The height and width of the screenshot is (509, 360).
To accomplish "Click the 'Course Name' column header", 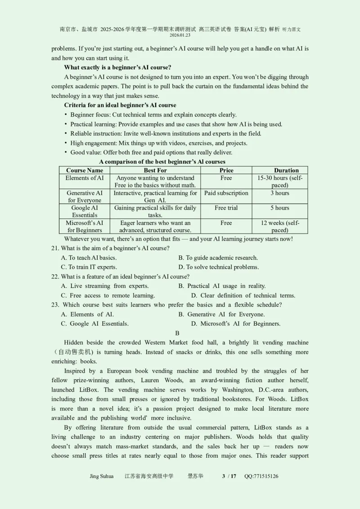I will [85, 170].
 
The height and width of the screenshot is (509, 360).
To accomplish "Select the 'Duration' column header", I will [286, 170].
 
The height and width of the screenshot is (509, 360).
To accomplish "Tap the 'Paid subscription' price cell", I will [226, 193].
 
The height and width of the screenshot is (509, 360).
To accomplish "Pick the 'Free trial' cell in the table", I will [226, 208].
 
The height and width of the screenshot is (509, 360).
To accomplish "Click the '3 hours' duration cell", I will [280, 193].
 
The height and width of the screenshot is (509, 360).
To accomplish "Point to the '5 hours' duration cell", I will [280, 208].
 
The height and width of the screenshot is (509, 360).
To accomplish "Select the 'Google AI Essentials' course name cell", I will [85, 211].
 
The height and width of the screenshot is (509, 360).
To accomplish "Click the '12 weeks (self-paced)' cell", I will [280, 226].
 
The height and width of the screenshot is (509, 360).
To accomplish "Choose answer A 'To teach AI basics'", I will [89, 258].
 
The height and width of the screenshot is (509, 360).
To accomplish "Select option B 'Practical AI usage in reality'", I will [222, 286].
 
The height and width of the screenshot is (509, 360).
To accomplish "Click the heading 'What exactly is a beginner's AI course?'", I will [117, 67].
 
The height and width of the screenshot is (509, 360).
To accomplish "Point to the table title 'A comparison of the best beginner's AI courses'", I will [162, 161].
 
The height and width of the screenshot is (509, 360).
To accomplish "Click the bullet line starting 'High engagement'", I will [158, 143].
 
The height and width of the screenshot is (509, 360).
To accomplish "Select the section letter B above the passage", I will [177, 333].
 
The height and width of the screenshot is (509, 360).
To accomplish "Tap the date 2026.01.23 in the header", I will [180, 35].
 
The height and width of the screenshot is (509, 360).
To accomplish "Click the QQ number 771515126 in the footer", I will [261, 476].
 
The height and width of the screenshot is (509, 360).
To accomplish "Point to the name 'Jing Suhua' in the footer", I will [102, 476].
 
